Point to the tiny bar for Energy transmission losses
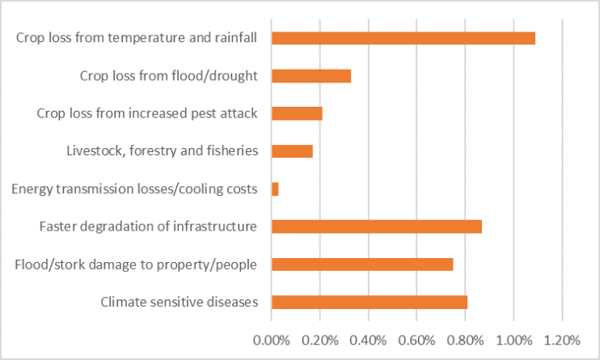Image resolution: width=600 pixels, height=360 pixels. coord(275,188)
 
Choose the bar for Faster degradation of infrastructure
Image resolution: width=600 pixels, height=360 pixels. coord(377,227)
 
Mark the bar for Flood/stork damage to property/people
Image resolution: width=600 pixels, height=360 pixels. coord(362,265)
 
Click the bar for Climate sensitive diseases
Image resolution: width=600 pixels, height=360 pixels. coord(370,302)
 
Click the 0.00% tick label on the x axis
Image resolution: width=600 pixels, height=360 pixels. coord(271,337)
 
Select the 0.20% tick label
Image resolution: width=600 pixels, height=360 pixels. coord(319,337)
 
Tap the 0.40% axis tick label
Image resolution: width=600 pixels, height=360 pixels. coord(368,337)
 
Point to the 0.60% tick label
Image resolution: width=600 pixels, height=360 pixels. coord(416,337)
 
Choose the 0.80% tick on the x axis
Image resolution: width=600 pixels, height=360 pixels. coord(465,337)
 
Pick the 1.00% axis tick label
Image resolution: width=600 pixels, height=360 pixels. coord(513,337)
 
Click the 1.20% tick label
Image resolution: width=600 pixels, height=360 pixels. coord(562,337)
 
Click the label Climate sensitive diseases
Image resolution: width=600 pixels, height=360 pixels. coord(179,303)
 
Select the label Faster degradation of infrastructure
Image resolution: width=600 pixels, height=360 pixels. coord(148,227)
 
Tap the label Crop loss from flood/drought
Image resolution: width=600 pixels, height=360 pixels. coord(168,76)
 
